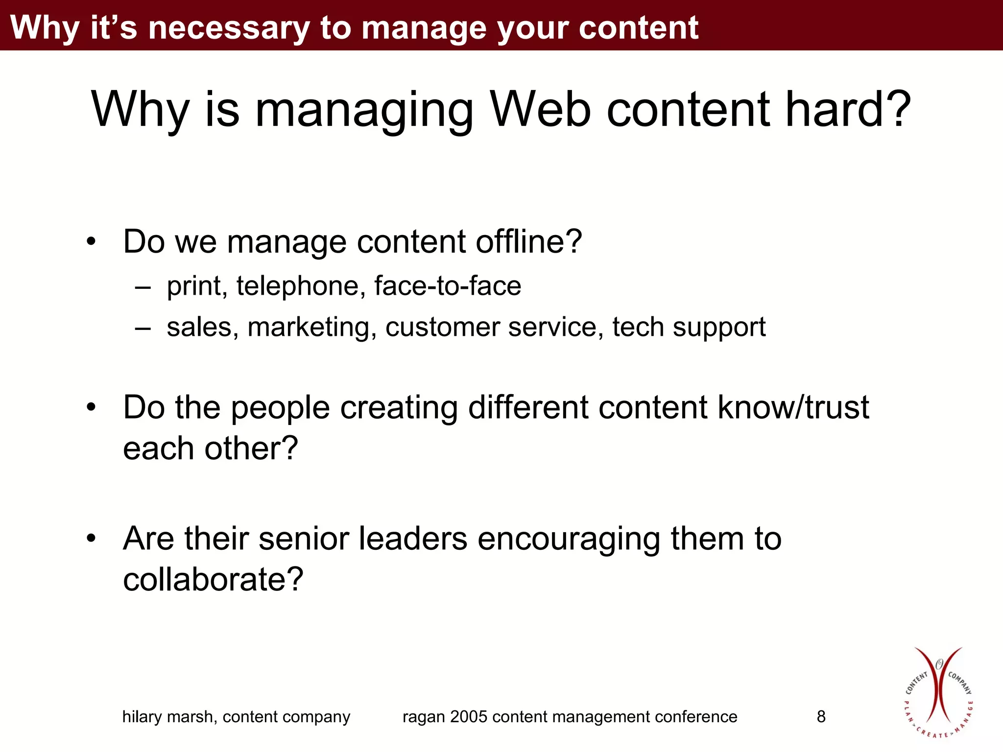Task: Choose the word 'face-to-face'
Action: [x=448, y=286]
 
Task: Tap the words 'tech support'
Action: [x=689, y=327]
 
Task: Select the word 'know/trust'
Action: [x=793, y=407]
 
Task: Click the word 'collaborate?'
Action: [x=213, y=579]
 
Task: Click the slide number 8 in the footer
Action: [x=821, y=717]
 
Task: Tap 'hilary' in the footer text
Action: [x=142, y=717]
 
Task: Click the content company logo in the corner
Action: [x=938, y=693]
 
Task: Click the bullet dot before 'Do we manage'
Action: [x=91, y=242]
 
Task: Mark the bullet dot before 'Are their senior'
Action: [x=91, y=539]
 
